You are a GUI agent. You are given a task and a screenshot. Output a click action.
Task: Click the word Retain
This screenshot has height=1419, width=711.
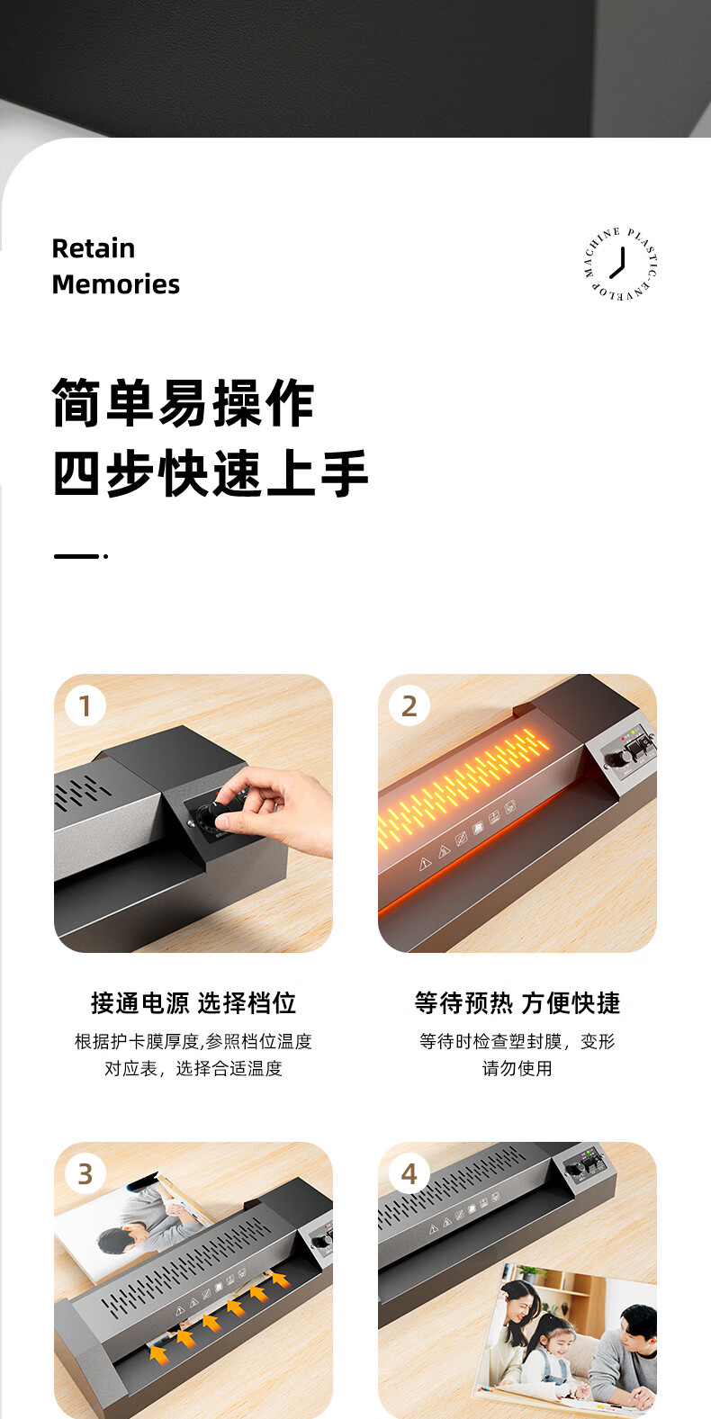click(94, 248)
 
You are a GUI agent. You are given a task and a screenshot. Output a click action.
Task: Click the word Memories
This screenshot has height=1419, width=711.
click(116, 284)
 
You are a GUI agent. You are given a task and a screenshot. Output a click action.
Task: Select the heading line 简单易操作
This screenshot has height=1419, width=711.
click(183, 403)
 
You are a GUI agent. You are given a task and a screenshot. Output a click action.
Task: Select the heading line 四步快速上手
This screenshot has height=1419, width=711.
click(211, 473)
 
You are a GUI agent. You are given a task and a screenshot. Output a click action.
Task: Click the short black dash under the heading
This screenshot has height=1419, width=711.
click(76, 556)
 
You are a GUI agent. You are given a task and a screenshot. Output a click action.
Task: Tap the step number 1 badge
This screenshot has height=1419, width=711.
click(85, 705)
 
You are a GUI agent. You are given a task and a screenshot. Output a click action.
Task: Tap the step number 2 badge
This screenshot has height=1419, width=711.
click(409, 705)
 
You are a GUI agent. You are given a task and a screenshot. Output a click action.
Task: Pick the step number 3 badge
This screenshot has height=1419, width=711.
click(85, 1174)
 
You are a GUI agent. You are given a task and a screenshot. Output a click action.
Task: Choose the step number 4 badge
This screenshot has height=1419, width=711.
click(409, 1174)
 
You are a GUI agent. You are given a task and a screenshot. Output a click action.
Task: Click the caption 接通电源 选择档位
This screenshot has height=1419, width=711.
click(193, 1003)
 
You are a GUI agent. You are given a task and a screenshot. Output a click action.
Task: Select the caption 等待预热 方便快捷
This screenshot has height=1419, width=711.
click(517, 1003)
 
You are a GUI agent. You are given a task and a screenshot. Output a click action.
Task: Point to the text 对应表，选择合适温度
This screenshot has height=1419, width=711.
click(193, 1069)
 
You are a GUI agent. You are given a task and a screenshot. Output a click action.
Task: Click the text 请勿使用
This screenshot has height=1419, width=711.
click(517, 1069)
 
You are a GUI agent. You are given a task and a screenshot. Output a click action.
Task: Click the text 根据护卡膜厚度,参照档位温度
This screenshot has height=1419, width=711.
click(193, 1041)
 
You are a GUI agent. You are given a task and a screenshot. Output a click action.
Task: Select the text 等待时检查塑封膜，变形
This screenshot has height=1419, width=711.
click(517, 1041)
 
